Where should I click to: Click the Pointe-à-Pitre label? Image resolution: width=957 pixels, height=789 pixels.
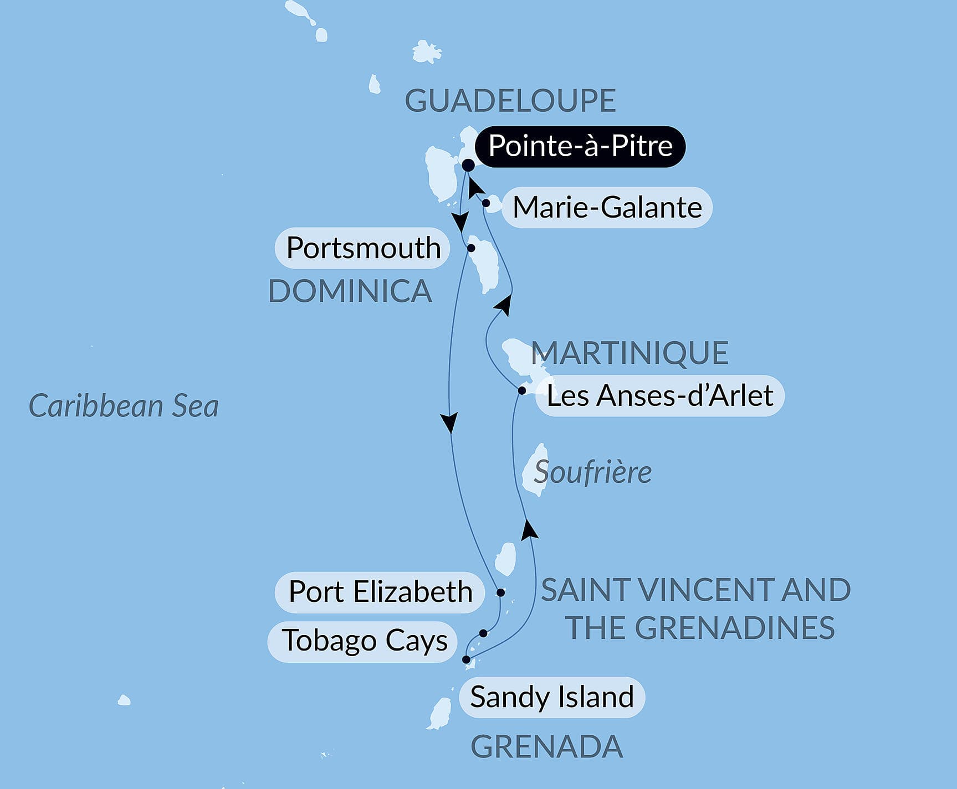click(x=580, y=147)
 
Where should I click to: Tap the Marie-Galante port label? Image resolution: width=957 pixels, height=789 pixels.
click(x=607, y=208)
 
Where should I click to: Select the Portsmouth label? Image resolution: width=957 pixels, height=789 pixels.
click(x=363, y=247)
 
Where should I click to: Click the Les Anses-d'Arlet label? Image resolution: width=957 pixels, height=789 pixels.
click(x=659, y=396)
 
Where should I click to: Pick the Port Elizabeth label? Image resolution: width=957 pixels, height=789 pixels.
click(x=380, y=592)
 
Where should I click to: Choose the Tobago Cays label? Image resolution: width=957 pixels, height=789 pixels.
click(x=364, y=641)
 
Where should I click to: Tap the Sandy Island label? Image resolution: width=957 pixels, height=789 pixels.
click(x=551, y=697)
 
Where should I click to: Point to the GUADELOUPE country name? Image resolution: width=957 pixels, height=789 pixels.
click(x=510, y=101)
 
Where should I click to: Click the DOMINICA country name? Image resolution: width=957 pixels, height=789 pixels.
click(x=350, y=291)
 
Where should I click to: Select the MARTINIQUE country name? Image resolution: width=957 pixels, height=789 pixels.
click(x=630, y=353)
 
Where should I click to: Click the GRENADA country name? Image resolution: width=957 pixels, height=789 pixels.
click(x=546, y=747)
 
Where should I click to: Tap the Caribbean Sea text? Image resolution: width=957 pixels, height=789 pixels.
click(x=124, y=406)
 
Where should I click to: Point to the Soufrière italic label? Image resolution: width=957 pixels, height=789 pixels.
click(x=592, y=472)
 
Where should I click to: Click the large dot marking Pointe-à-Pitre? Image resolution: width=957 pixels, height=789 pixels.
click(x=468, y=165)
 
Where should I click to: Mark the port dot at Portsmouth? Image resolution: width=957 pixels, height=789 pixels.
click(x=471, y=248)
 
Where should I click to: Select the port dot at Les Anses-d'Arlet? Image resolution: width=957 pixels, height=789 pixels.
click(x=521, y=391)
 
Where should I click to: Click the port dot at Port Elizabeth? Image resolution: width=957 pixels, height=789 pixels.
click(x=500, y=592)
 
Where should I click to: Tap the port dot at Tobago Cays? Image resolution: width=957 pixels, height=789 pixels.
click(x=483, y=633)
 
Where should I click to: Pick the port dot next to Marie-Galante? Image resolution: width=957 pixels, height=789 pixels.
click(x=485, y=203)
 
